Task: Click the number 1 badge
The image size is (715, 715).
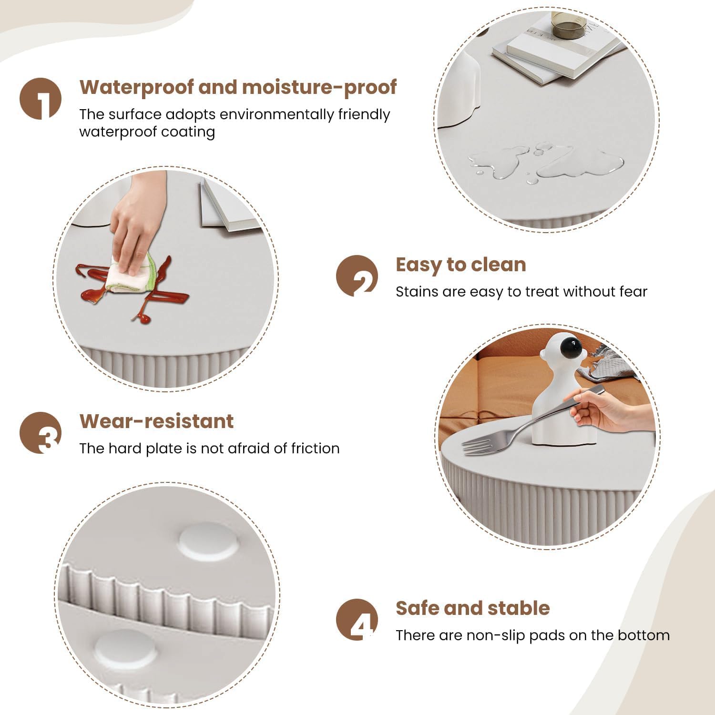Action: pyautogui.click(x=41, y=99)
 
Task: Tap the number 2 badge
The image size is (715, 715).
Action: pyautogui.click(x=357, y=276)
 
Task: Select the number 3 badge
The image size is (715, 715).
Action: pyautogui.click(x=41, y=433)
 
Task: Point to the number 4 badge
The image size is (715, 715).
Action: pyautogui.click(x=357, y=620)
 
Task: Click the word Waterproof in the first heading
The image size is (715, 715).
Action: pyautogui.click(x=137, y=87)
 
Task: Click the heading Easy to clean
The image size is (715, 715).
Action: pyautogui.click(x=461, y=265)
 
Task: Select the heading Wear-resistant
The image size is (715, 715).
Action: pyautogui.click(x=156, y=421)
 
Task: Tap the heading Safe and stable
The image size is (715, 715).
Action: pyautogui.click(x=473, y=608)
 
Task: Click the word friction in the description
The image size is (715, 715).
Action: pyautogui.click(x=315, y=448)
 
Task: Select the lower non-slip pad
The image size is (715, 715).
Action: pyautogui.click(x=125, y=649)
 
